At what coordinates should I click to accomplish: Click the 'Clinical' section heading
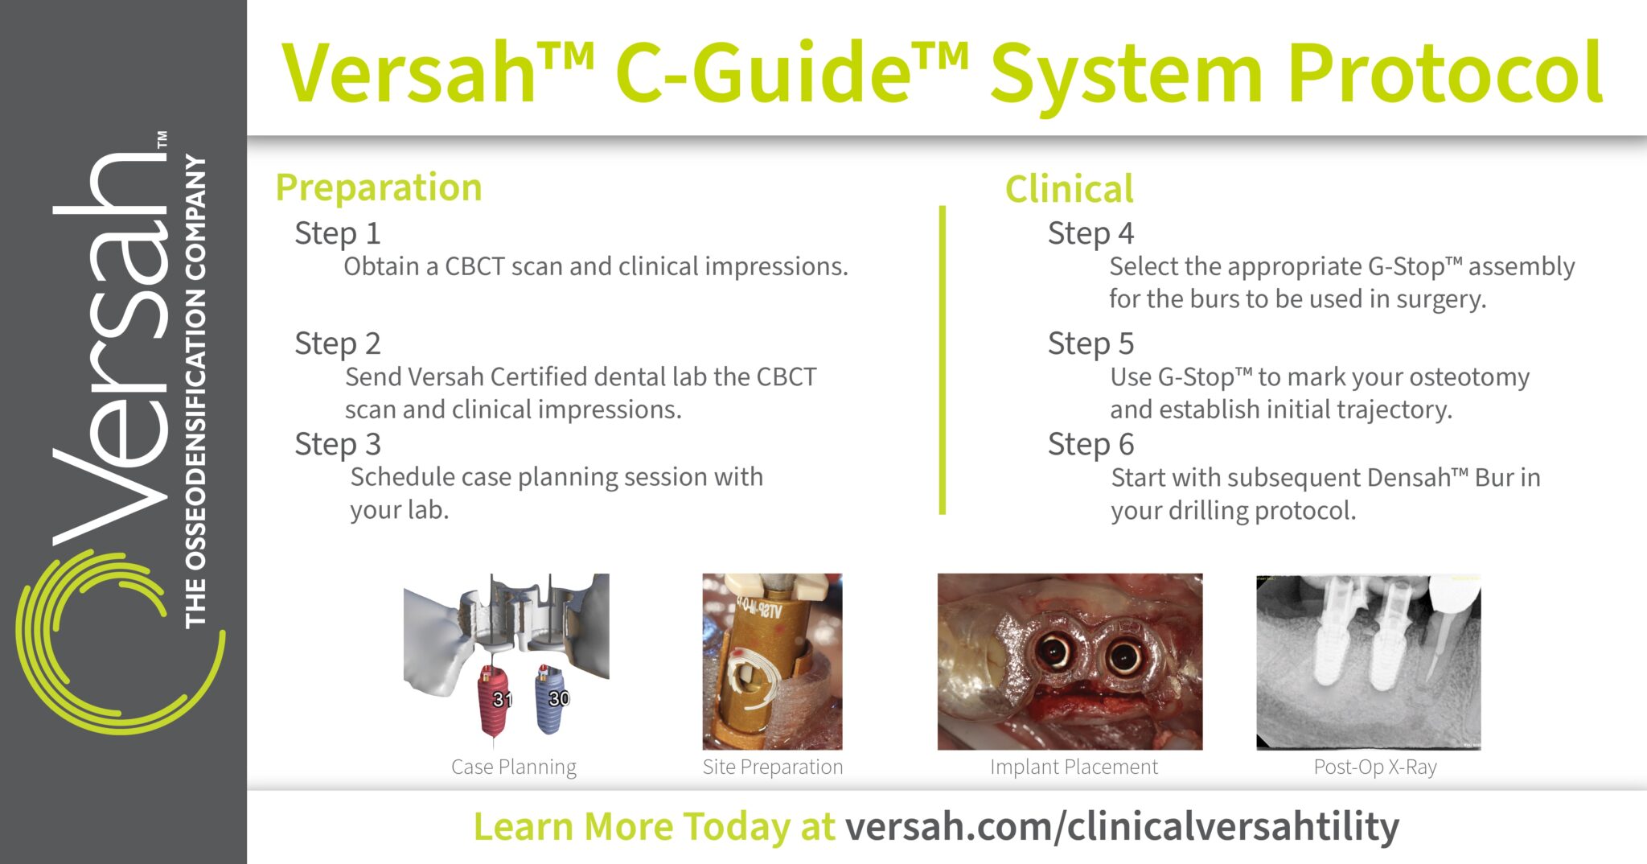[1069, 189]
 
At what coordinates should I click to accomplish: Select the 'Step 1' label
[337, 233]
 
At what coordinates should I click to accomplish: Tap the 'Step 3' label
[337, 444]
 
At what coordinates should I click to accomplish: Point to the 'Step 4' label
[1090, 233]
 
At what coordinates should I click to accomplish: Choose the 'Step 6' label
[1090, 444]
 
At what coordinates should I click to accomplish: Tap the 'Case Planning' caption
[514, 767]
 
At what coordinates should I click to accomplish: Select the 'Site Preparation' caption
[773, 767]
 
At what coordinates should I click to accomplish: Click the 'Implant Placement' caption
[1074, 767]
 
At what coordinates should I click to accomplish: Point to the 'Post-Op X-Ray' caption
[1375, 767]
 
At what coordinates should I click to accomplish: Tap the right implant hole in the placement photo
[1123, 656]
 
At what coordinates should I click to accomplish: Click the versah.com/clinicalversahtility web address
[1122, 827]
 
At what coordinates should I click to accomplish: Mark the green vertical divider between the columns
[943, 360]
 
